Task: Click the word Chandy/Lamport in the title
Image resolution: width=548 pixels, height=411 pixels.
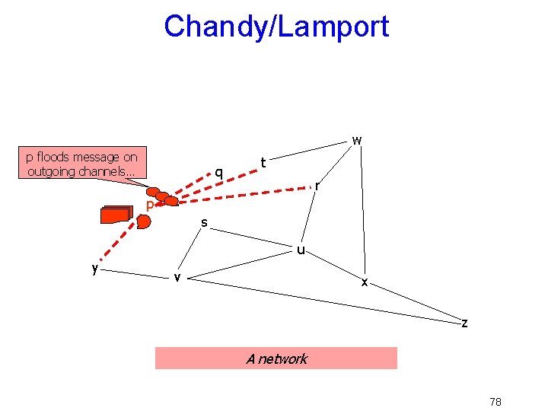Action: pos(276,27)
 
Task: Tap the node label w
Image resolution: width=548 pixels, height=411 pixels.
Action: pos(356,140)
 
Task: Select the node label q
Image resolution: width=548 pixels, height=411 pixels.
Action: pos(218,172)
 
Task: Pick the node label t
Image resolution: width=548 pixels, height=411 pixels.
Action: pos(263,162)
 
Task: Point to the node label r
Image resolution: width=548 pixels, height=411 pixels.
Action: pos(317,185)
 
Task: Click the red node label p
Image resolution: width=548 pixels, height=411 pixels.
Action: pos(150,205)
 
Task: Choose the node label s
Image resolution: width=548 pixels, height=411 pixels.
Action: pos(204,222)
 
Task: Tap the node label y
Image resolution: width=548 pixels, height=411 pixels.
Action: pos(94,268)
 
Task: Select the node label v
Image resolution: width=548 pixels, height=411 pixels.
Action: pos(177,276)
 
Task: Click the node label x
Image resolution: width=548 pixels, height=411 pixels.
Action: pos(365,282)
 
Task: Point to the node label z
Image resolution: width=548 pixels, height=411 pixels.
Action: pos(464,323)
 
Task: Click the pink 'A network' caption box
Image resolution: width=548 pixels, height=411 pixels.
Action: pos(276,358)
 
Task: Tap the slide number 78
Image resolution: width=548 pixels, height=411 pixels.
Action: pos(495,401)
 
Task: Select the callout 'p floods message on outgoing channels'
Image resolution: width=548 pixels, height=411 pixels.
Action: pos(81,164)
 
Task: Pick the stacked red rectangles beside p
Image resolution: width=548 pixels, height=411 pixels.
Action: pos(116,215)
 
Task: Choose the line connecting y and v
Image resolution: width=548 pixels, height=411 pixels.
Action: pos(135,272)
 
